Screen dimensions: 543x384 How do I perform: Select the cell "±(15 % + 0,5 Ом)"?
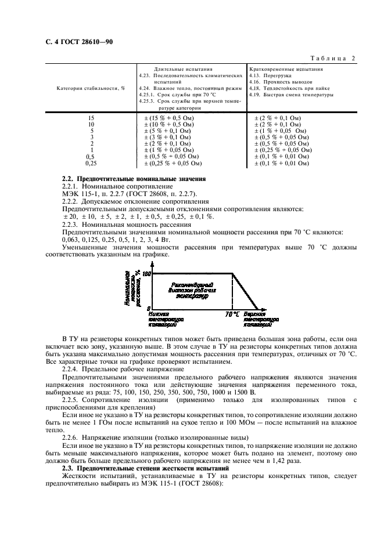pos(168,118)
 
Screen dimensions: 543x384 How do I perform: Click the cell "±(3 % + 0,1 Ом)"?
pos(167,137)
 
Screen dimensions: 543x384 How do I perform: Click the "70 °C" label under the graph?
pos(232,314)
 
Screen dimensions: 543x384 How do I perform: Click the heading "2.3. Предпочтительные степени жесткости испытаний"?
pos(145,467)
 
